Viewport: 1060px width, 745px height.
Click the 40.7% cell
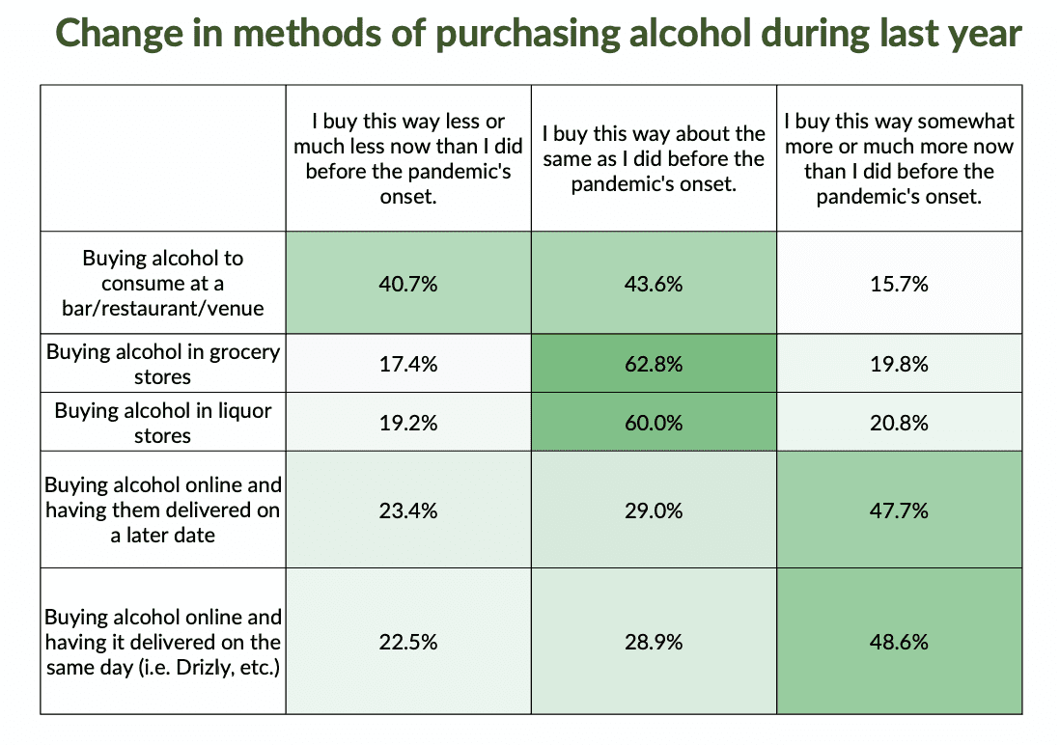(408, 284)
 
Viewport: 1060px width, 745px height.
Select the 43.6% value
(654, 284)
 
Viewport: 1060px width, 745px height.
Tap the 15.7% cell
(899, 284)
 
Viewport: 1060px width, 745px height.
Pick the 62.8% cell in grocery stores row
(654, 364)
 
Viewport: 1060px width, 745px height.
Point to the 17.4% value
(408, 364)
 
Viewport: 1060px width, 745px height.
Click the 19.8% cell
(899, 364)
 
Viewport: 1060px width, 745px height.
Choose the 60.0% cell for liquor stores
(654, 423)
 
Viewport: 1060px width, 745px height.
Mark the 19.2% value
(408, 423)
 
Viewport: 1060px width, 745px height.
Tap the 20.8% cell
(899, 423)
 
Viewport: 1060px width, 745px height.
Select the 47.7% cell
(899, 510)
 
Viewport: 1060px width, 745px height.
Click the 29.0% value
(654, 510)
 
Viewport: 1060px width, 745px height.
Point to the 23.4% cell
(408, 510)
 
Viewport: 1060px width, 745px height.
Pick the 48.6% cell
(899, 642)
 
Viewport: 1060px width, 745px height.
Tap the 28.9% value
(654, 642)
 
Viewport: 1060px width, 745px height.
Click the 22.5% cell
(408, 642)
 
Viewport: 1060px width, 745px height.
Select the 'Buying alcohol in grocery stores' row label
(163, 364)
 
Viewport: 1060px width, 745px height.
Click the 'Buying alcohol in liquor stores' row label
(163, 423)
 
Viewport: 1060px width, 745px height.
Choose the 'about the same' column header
(654, 158)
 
